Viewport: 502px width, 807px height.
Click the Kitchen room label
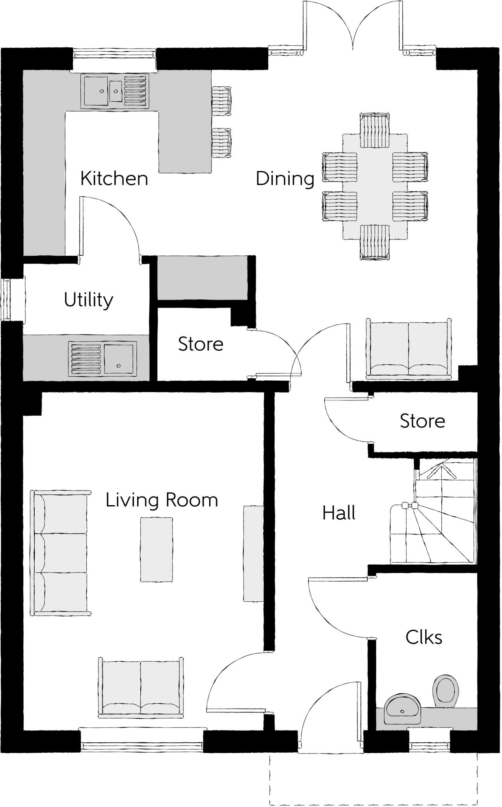[114, 179]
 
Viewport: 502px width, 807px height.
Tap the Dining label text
[285, 179]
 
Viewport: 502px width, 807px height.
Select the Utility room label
[89, 300]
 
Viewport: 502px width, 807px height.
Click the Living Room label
[162, 500]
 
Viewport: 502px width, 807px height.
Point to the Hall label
[339, 513]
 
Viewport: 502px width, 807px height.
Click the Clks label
[424, 637]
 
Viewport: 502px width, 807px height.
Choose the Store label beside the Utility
[201, 344]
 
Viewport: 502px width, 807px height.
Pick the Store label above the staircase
[422, 421]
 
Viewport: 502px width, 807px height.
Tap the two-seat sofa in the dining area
[409, 349]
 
